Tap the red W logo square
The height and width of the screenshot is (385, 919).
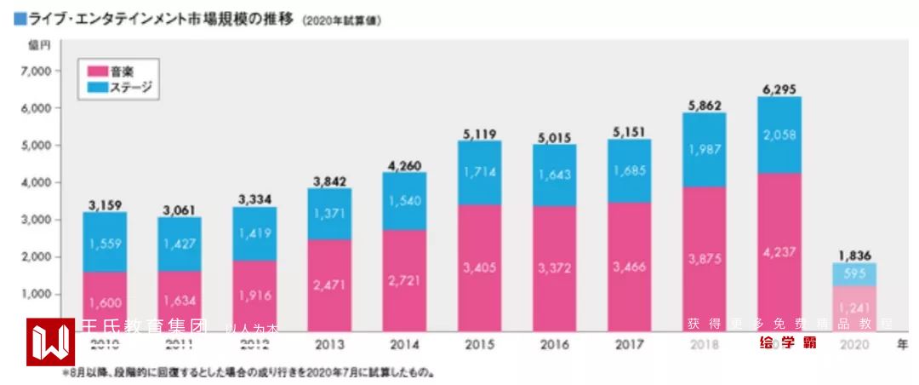50,342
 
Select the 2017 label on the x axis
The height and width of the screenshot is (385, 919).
630,345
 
